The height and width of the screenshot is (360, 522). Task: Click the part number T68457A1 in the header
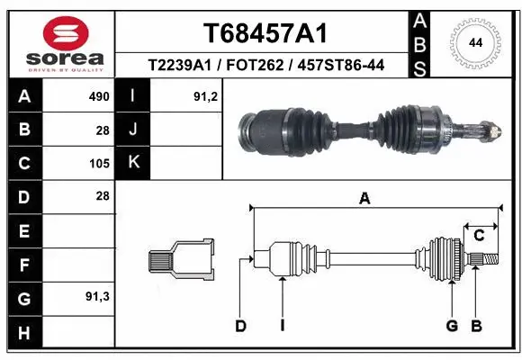tap(265, 33)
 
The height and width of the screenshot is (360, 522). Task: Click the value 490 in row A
tap(98, 96)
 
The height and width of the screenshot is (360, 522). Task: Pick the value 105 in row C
tap(98, 164)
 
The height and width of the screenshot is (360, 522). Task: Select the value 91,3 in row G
tap(96, 296)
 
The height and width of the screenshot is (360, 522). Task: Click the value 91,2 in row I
tap(205, 96)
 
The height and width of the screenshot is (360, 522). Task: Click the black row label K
tap(132, 163)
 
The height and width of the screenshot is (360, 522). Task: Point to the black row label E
tap(23, 231)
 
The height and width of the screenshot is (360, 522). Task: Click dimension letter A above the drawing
tap(364, 199)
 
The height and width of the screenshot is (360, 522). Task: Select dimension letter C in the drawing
tap(480, 236)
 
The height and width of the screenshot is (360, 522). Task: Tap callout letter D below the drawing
tap(240, 325)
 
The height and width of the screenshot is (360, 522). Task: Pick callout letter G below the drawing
tap(452, 325)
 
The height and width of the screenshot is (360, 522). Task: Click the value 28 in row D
tap(102, 196)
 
